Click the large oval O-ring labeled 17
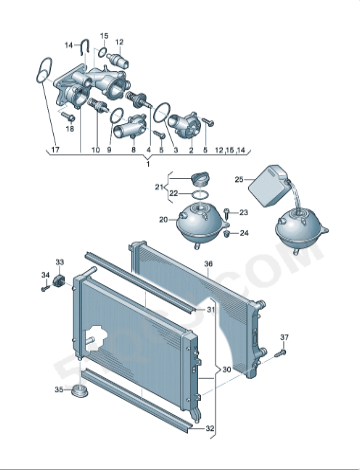pyautogui.click(x=42, y=74)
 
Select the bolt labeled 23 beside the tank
pyautogui.click(x=228, y=213)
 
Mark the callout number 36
pyautogui.click(x=208, y=266)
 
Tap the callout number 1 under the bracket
pyautogui.click(x=148, y=163)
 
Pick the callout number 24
pyautogui.click(x=244, y=234)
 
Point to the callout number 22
pyautogui.click(x=173, y=193)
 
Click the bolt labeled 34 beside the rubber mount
pyautogui.click(x=45, y=288)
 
